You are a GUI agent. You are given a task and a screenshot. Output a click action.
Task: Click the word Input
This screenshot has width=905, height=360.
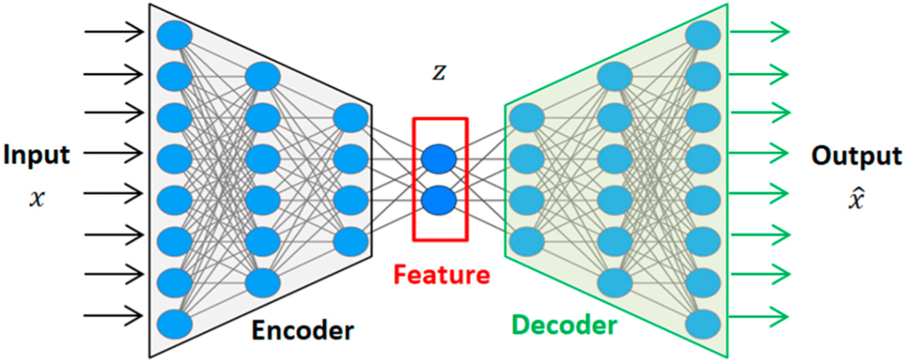click(36, 156)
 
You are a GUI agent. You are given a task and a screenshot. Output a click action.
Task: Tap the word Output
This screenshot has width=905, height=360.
click(857, 156)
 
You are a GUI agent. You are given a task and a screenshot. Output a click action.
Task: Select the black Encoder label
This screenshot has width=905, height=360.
click(303, 330)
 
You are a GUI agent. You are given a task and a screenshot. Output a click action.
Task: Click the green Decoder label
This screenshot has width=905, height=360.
click(565, 324)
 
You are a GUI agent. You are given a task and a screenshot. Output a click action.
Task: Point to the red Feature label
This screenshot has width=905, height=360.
click(442, 274)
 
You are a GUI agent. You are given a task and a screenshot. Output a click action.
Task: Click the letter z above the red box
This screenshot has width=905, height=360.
click(439, 72)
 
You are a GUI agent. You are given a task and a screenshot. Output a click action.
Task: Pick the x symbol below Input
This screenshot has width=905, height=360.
click(37, 199)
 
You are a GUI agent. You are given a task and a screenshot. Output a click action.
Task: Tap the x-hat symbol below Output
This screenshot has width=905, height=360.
click(856, 199)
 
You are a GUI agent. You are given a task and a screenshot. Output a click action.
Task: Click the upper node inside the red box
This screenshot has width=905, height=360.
click(439, 159)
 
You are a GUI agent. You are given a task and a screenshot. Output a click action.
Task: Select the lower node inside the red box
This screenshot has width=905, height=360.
click(439, 200)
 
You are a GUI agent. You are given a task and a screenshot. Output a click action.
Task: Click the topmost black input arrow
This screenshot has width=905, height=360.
click(114, 31)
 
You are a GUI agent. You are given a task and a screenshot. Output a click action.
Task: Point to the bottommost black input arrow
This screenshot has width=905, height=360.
click(114, 315)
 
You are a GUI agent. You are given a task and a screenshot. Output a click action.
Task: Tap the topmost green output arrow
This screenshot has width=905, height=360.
click(759, 31)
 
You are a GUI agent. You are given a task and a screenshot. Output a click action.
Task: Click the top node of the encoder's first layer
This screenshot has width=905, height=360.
click(175, 36)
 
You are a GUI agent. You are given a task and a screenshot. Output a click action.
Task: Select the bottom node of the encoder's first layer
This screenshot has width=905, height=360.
click(175, 324)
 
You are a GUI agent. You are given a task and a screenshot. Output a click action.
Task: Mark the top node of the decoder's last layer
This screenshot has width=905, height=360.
click(703, 36)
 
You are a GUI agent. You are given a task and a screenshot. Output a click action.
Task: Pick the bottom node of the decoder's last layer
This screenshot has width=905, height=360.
click(703, 324)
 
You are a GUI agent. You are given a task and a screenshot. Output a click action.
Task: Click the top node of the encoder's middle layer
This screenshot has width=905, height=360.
click(263, 77)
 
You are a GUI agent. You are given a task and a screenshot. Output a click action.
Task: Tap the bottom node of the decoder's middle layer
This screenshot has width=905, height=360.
click(615, 283)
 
